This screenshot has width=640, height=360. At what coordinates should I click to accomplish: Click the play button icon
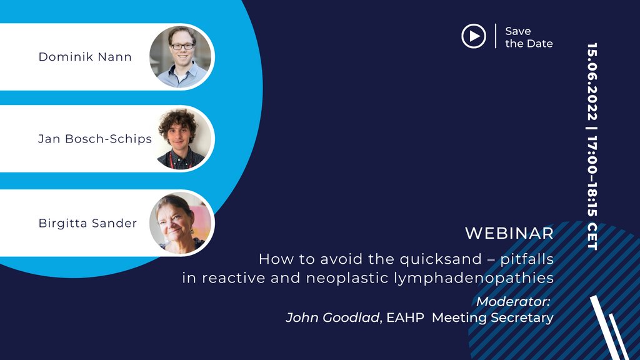474,36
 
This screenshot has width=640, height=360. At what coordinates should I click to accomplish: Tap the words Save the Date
529,37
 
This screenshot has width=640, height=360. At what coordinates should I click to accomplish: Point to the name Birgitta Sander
87,223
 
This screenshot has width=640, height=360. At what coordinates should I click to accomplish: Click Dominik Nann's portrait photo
182,57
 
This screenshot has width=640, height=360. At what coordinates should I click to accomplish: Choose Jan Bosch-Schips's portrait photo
182,139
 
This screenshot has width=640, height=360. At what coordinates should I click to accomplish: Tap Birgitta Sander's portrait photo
182,223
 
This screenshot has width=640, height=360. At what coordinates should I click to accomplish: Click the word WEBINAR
509,234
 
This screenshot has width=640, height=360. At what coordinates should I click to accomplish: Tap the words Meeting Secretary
492,317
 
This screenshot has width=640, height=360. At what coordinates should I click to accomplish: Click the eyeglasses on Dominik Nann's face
182,46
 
